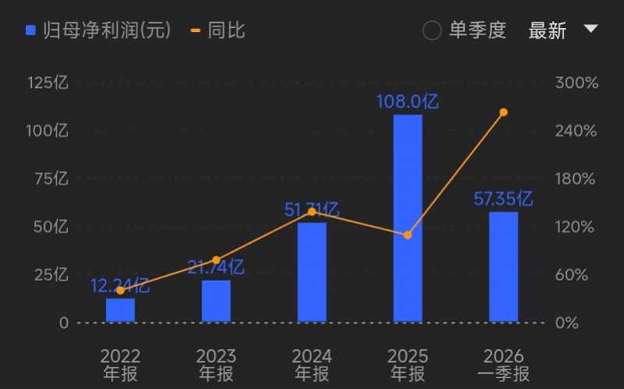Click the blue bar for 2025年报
(x=407, y=218)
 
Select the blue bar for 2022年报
(x=120, y=309)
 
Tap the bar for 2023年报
(x=216, y=301)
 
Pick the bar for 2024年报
(x=312, y=272)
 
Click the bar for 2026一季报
(x=503, y=267)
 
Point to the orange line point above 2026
(x=503, y=112)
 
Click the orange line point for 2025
(x=407, y=235)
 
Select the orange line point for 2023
(x=216, y=260)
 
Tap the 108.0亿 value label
(x=407, y=102)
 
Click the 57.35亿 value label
(x=503, y=199)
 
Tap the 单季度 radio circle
(x=432, y=30)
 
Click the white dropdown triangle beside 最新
(x=590, y=28)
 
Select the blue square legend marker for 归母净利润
(x=30, y=30)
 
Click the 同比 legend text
(x=226, y=30)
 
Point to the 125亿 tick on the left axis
(x=48, y=83)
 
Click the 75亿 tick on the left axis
(x=51, y=179)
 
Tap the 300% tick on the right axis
(x=576, y=83)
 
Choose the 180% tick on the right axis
(x=576, y=179)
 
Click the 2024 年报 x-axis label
(x=312, y=365)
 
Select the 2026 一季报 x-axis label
(x=503, y=365)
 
